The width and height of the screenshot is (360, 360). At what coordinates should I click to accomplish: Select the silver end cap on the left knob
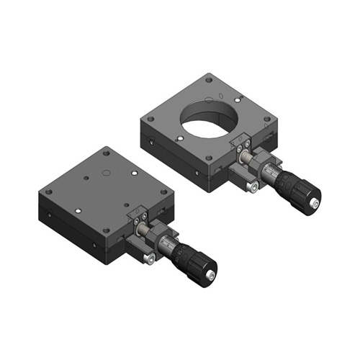(x=211, y=276)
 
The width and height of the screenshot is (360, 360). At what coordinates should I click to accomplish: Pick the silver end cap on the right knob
(x=315, y=205)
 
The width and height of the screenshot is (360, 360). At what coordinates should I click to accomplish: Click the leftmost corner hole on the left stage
(x=48, y=192)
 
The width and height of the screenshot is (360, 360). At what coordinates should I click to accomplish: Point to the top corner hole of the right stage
(x=209, y=81)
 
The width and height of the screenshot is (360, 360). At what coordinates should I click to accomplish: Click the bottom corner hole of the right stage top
(x=210, y=158)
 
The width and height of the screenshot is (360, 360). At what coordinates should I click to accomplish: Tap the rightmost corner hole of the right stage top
(x=267, y=119)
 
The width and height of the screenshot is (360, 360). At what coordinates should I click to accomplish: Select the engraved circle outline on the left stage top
(x=105, y=173)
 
